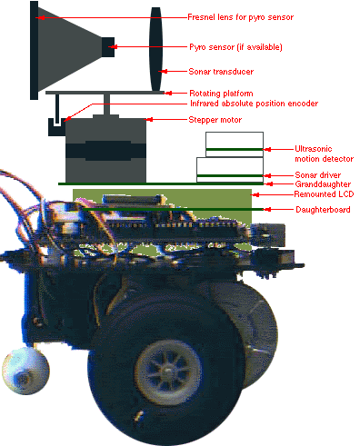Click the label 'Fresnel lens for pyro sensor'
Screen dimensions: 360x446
240,17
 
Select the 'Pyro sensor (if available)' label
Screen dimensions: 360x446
235,47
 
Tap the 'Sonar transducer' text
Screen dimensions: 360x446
221,72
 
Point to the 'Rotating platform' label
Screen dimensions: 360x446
221,94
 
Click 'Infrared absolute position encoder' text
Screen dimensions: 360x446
254,104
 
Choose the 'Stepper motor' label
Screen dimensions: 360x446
215,120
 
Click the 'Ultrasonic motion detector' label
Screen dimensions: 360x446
324,154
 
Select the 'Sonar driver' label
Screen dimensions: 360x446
318,175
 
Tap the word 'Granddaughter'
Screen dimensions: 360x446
323,184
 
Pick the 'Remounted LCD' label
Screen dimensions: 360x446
324,194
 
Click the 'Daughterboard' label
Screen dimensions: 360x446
323,210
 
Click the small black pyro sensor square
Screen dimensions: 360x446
108,47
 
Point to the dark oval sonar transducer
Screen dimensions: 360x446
155,49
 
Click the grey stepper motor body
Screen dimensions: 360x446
105,150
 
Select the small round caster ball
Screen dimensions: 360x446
25,371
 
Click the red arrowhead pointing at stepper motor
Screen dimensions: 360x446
149,120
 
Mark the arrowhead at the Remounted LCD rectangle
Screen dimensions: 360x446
255,194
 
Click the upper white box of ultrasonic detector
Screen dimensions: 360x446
235,144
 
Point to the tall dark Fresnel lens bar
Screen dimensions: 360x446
34,50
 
